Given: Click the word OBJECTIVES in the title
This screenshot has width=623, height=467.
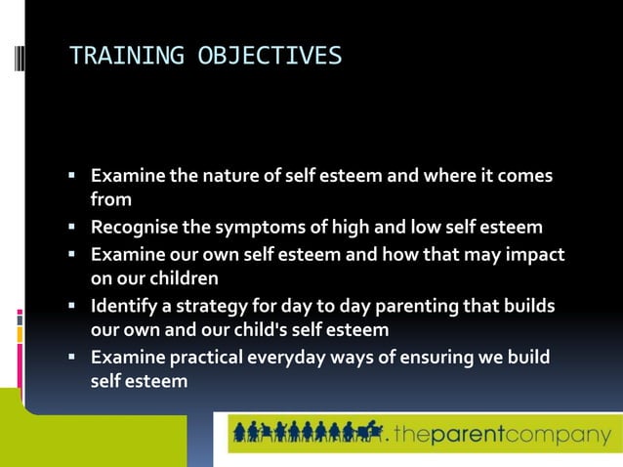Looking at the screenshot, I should pos(270,56).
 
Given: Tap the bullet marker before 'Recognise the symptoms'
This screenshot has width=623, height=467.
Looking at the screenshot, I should pos(72,228).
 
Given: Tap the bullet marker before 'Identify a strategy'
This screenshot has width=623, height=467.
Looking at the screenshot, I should pos(72,306).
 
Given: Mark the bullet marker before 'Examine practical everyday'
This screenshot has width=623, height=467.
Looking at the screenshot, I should pos(72,357).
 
